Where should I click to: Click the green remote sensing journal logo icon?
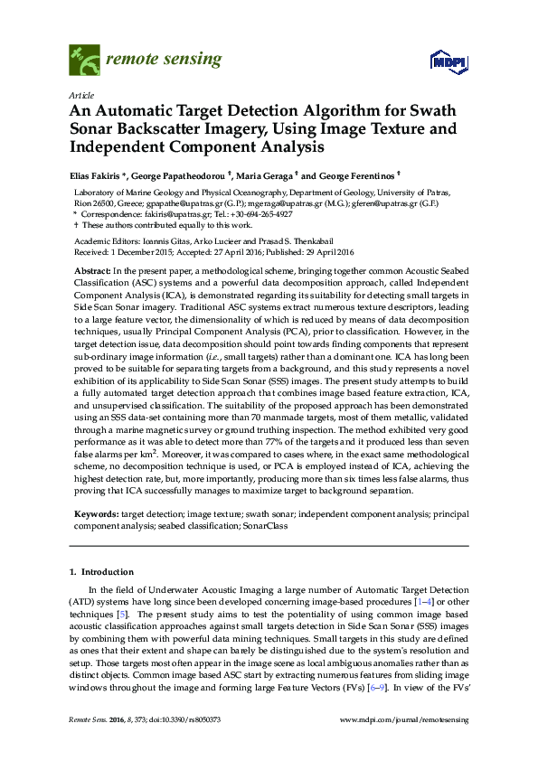(83, 61)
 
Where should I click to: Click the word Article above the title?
(80, 95)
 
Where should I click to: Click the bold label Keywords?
(97, 512)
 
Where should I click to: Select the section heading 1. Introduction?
(101, 572)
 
